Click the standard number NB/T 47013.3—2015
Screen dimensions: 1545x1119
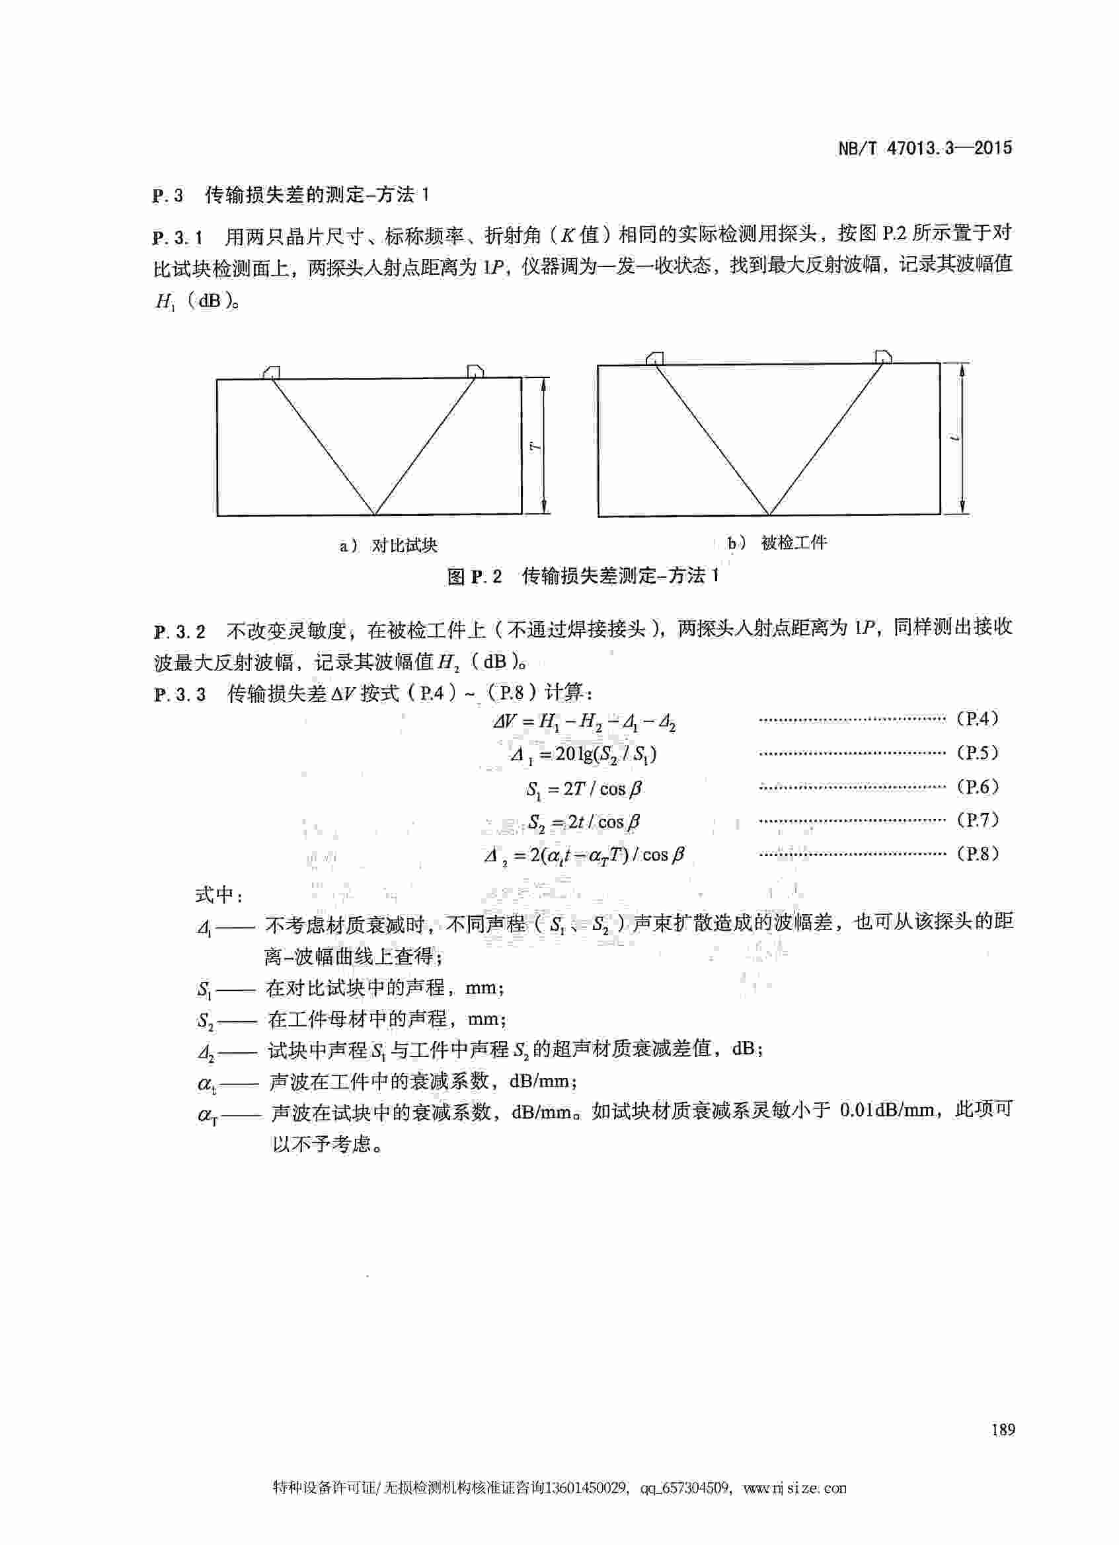coord(924,149)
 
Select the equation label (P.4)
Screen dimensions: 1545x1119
coord(978,719)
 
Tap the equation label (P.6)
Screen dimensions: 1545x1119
coord(978,787)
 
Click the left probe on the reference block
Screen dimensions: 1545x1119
coord(270,371)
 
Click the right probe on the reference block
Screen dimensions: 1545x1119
coord(475,371)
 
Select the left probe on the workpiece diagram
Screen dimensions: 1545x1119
coord(655,357)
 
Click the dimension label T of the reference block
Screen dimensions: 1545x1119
coord(536,447)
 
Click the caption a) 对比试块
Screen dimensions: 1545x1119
coord(389,546)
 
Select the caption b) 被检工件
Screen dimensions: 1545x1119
coord(777,543)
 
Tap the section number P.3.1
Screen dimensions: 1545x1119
coord(178,238)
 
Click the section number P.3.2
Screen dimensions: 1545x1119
coord(179,631)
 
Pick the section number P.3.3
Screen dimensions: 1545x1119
coord(179,694)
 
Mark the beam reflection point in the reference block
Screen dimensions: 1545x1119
coord(375,515)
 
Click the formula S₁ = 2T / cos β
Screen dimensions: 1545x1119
coord(584,789)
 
